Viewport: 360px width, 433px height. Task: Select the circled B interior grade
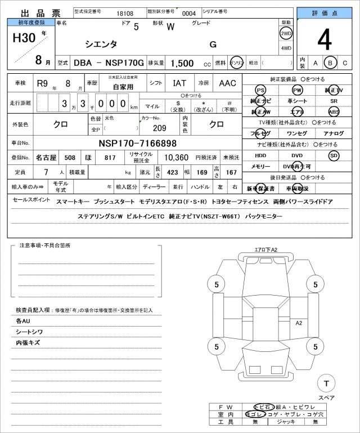click(x=330, y=63)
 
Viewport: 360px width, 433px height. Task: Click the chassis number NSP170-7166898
click(x=138, y=143)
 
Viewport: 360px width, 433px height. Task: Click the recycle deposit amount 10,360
click(x=176, y=158)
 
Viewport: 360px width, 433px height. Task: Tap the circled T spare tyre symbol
click(x=325, y=384)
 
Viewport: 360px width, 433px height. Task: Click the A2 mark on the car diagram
click(x=299, y=323)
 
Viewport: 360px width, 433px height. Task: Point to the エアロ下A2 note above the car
click(x=266, y=249)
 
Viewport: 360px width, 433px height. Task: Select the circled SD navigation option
click(x=334, y=155)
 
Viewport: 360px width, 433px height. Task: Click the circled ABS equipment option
click(x=334, y=111)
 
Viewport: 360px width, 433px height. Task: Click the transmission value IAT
click(x=179, y=83)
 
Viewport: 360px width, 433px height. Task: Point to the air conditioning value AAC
click(x=227, y=83)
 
